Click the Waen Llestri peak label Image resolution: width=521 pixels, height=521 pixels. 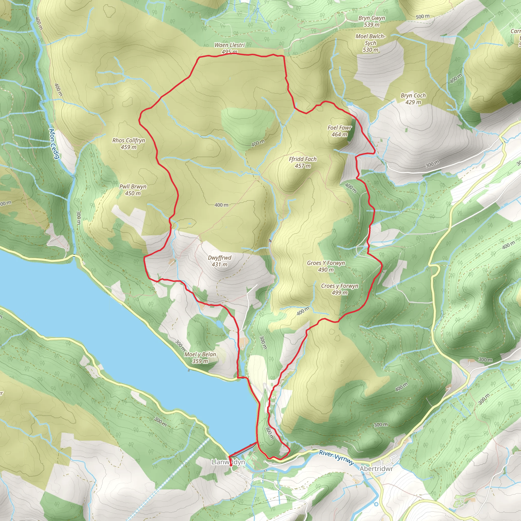[229, 48]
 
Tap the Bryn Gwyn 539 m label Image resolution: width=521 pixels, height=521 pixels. [372, 21]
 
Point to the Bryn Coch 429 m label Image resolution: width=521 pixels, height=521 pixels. [413, 99]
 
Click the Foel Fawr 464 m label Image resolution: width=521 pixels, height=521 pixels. [340, 131]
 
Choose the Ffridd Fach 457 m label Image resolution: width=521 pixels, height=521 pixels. [302, 162]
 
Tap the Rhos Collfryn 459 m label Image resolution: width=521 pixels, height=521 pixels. [129, 143]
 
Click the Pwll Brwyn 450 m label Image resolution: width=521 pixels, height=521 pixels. [133, 190]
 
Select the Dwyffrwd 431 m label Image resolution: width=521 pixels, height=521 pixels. [220, 261]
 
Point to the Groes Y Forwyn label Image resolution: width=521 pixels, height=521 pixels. [326, 266]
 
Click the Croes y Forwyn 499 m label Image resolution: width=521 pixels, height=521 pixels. [340, 289]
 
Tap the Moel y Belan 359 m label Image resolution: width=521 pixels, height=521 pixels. [200, 358]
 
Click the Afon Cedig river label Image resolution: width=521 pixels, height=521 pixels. [54, 143]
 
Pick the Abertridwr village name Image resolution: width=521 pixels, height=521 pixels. [376, 469]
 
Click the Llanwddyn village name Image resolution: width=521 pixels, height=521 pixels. [228, 462]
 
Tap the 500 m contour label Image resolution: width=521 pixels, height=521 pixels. [422, 17]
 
